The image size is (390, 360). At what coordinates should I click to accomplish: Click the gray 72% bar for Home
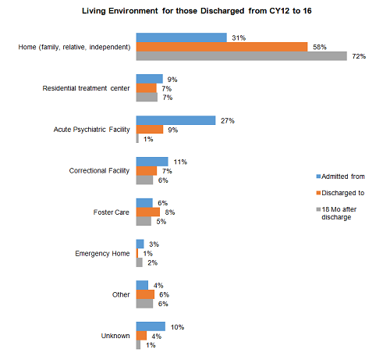[x=242, y=56]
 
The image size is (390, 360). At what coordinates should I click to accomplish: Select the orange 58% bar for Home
[x=222, y=47]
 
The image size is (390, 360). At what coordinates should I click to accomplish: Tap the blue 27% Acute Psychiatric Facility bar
[x=175, y=120]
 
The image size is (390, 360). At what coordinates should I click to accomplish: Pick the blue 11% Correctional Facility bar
[x=152, y=162]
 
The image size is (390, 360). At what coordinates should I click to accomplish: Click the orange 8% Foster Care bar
[x=148, y=212]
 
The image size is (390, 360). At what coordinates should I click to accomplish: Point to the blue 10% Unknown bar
[x=151, y=326]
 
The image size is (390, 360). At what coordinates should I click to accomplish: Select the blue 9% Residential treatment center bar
[x=150, y=79]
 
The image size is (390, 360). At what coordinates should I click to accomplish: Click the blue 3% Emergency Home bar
[x=140, y=244]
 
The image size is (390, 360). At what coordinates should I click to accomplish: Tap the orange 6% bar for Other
[x=145, y=294]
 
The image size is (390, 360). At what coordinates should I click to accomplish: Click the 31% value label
[x=239, y=38]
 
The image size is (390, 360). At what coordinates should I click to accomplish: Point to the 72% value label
[x=359, y=56]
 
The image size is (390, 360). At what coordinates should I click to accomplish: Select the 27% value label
[x=228, y=121]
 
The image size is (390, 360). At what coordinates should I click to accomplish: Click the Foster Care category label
[x=112, y=212]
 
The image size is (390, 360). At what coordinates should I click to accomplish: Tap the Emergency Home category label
[x=102, y=254]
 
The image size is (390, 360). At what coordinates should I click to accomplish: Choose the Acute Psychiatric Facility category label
[x=91, y=130]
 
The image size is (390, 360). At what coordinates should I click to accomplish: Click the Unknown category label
[x=115, y=336]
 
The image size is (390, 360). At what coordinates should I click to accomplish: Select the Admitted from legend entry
[x=340, y=176]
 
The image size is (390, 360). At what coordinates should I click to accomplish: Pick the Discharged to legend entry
[x=340, y=193]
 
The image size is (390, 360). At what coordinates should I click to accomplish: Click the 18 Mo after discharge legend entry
[x=336, y=213]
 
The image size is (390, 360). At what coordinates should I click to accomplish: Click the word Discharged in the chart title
[x=222, y=11]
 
